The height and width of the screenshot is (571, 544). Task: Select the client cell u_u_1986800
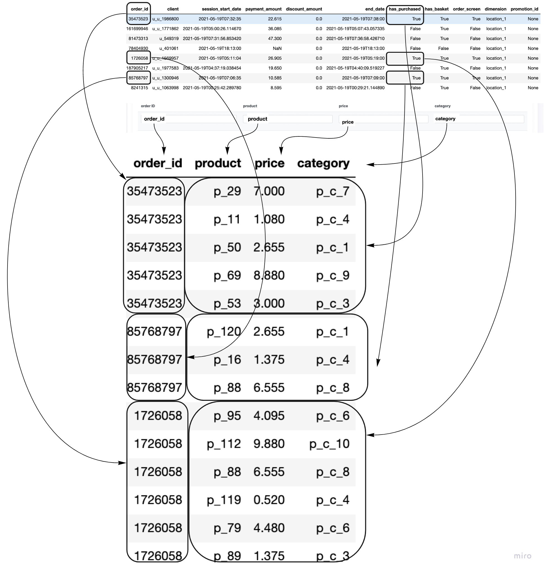165,19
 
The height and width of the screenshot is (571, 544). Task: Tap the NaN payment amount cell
277,49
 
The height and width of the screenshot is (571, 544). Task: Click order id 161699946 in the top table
137,29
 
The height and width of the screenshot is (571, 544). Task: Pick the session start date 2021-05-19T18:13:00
219,49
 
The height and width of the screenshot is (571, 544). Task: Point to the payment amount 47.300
275,38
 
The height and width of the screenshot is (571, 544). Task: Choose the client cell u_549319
169,38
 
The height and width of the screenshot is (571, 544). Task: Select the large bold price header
269,163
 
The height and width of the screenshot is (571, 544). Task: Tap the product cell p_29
227,191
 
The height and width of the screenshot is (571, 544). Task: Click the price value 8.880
269,275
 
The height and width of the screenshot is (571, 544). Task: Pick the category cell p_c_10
329,444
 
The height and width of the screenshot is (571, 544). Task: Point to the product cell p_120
224,332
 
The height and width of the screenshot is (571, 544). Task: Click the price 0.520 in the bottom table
269,500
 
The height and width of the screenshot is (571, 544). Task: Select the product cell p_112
224,444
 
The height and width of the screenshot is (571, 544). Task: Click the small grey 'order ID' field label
148,106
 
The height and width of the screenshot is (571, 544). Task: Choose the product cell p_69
227,275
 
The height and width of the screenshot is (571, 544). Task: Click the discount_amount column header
304,9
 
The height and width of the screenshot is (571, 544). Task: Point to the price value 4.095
269,416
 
